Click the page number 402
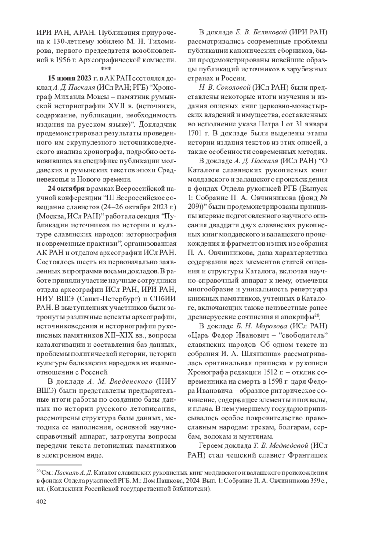pyautogui.click(x=41, y=502)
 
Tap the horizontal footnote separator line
pyautogui.click(x=59, y=465)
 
